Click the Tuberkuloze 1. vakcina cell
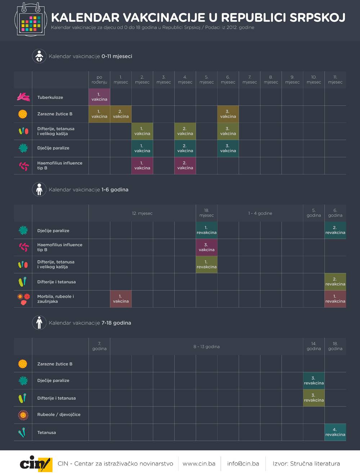(99, 97)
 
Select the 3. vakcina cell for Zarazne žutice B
(228, 114)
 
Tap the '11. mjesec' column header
(335, 80)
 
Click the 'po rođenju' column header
(99, 80)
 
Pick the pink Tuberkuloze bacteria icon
(23, 97)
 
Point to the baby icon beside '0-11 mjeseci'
(39, 56)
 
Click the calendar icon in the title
(31, 19)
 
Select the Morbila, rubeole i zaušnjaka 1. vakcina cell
(121, 299)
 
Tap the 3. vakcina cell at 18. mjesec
(206, 247)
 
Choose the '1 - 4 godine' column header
(260, 213)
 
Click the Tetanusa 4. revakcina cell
(335, 432)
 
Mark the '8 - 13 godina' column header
(206, 347)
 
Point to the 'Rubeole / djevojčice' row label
(59, 415)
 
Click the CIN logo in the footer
(36, 464)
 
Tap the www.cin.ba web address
(199, 464)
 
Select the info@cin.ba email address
(243, 464)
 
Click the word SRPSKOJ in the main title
(317, 17)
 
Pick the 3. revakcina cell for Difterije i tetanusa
(314, 398)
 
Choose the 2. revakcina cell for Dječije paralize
(335, 230)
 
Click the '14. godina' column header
(314, 347)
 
